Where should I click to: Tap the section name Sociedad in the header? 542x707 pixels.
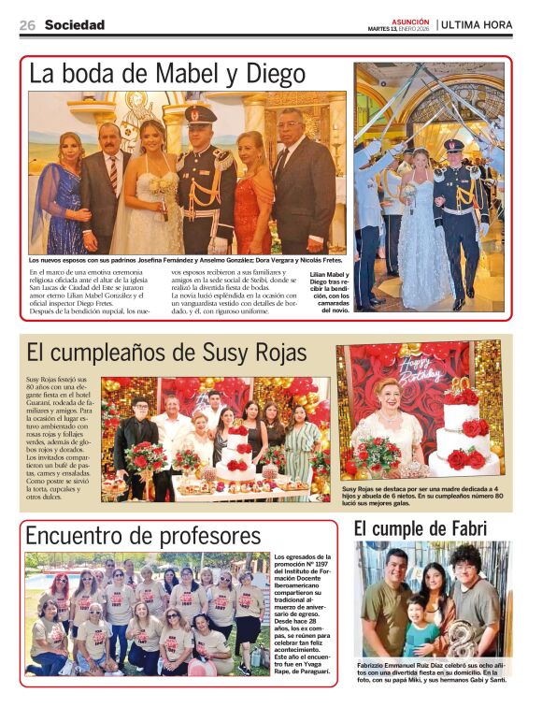(x=75, y=25)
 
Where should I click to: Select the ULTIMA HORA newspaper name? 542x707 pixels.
(x=476, y=24)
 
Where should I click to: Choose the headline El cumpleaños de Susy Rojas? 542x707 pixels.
(x=167, y=353)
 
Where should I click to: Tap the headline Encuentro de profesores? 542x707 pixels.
(x=144, y=536)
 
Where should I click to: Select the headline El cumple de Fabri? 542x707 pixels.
(x=421, y=529)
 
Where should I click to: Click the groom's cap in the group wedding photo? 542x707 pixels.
(x=201, y=114)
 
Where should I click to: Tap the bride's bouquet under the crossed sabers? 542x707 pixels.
(x=408, y=196)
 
